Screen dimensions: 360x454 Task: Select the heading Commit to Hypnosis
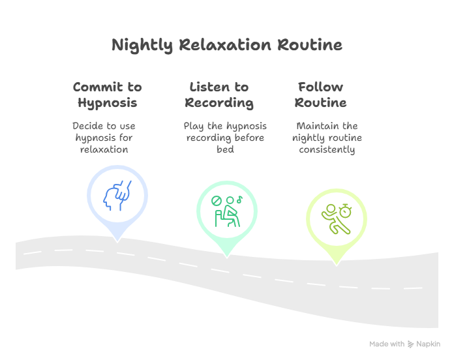tap(107, 95)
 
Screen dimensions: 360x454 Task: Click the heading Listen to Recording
tap(219, 95)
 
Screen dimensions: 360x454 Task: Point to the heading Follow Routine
tap(320, 95)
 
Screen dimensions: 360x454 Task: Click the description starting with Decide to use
tap(104, 137)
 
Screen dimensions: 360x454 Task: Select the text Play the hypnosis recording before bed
tap(224, 137)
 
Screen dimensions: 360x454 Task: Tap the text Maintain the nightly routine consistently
tap(327, 137)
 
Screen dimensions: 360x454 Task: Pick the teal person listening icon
tap(227, 209)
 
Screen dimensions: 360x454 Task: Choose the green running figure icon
tap(337, 217)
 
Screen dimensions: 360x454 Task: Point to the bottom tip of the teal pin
tap(227, 256)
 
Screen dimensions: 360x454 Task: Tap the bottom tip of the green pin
tap(337, 263)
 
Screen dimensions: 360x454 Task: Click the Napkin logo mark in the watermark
tap(411, 344)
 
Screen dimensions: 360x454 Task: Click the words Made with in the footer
tap(387, 344)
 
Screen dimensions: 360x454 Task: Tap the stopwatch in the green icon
tap(346, 210)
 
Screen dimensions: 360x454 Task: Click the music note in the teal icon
tap(239, 200)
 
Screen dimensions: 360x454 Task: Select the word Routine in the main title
tap(309, 46)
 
